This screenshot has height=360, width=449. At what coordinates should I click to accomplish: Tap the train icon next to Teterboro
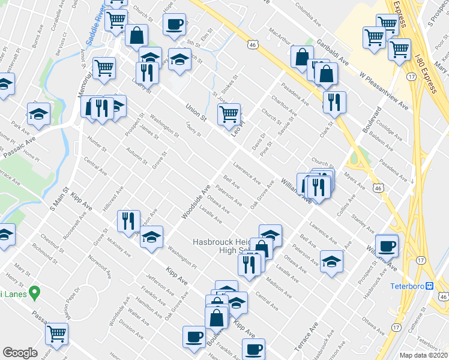pyautogui.click(x=430, y=286)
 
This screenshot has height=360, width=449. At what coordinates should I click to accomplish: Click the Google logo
pyautogui.click(x=20, y=353)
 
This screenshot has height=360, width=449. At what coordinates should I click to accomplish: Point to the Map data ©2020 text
pyautogui.click(x=424, y=355)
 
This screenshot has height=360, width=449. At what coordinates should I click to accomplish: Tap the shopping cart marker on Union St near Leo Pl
pyautogui.click(x=229, y=113)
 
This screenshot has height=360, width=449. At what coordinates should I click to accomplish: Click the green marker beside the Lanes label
pyautogui.click(x=34, y=293)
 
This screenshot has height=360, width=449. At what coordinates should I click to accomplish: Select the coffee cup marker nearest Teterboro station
pyautogui.click(x=386, y=244)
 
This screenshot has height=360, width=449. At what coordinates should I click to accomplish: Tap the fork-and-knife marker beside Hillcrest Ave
pyautogui.click(x=128, y=220)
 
